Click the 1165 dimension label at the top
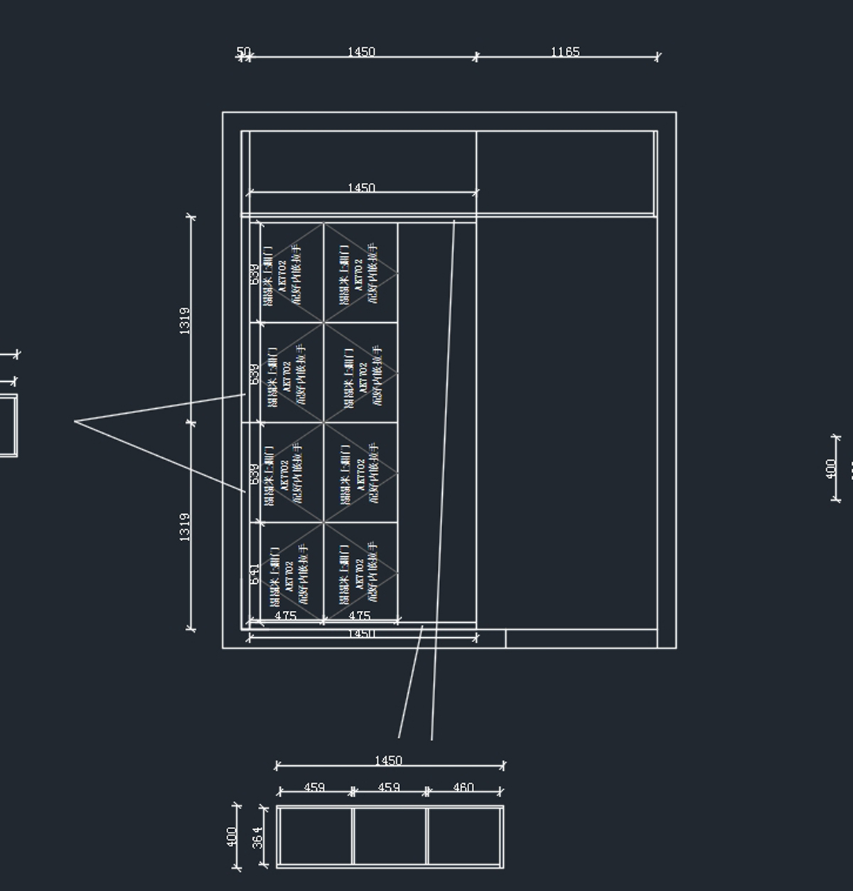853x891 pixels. pos(565,51)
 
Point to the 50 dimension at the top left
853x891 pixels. pos(243,51)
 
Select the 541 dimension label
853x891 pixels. pos(254,573)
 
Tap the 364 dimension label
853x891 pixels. pos(257,837)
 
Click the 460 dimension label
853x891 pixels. pos(463,787)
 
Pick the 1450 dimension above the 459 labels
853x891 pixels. pos(388,760)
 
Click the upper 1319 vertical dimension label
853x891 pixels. pos(184,320)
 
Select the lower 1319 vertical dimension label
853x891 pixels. pos(184,527)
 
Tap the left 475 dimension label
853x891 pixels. pos(285,615)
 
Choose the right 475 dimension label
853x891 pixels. pos(359,615)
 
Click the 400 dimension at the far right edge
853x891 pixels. pos(831,469)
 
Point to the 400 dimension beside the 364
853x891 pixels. pos(232,837)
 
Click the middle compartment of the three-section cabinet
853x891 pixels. pos(390,836)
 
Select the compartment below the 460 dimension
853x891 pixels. pos(465,836)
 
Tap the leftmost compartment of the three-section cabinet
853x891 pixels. pos(314,836)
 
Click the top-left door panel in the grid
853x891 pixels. pos(291,273)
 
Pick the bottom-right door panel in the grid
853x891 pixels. pos(360,572)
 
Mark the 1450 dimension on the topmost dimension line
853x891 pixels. pos(361,51)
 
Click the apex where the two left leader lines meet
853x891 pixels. pos(75,422)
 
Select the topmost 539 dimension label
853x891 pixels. pos(254,274)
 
